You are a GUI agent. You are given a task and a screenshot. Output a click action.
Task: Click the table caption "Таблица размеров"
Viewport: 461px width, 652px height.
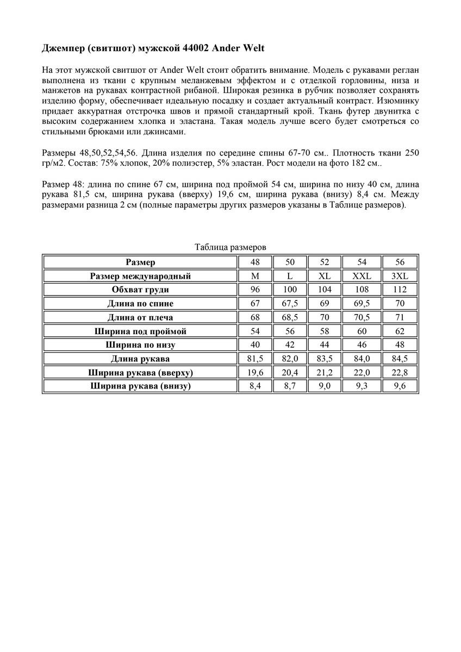[x=230, y=247]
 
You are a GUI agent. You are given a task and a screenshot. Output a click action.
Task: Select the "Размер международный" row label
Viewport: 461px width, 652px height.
[x=140, y=276]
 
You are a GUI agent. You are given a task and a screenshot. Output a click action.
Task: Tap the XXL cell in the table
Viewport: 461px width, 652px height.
[x=362, y=276]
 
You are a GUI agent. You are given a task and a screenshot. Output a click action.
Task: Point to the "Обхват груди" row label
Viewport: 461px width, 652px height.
[x=140, y=290]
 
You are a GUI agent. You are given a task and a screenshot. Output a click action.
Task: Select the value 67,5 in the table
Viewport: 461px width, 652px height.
[x=290, y=304]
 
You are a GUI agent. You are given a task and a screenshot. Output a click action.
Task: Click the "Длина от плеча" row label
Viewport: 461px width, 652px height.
[x=140, y=317]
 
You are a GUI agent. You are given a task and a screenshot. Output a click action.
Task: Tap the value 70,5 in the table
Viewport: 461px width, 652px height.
[x=362, y=317]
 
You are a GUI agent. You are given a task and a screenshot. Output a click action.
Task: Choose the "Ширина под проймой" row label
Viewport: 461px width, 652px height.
[x=140, y=331]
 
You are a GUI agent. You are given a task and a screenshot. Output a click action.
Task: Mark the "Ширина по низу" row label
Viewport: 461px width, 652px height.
[x=140, y=345]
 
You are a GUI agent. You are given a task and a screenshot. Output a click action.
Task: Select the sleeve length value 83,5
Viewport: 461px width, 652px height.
[x=325, y=359]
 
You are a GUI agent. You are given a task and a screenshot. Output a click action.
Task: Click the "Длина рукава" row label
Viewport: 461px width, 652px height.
[x=140, y=359]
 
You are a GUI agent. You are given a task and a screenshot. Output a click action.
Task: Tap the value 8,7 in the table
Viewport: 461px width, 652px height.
[x=290, y=386]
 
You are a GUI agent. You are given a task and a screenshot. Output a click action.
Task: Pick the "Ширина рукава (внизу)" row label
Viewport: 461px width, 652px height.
[x=140, y=386]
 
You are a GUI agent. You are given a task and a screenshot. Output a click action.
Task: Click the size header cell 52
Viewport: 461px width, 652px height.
[x=325, y=262]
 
